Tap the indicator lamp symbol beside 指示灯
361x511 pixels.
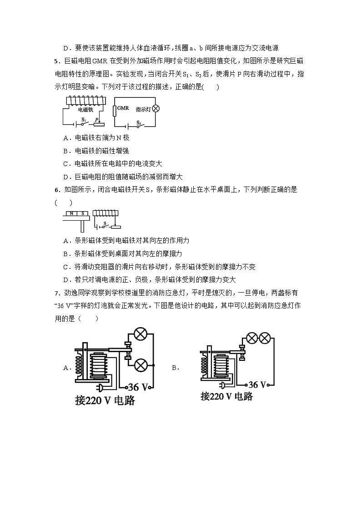(x=155, y=109)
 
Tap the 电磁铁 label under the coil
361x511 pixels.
(x=84, y=109)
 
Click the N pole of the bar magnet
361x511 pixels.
(x=71, y=213)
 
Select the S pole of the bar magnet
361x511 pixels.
(x=82, y=213)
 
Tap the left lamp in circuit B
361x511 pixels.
(x=251, y=338)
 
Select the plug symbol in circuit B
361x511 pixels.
(x=223, y=385)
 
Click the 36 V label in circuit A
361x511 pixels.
(x=139, y=387)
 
